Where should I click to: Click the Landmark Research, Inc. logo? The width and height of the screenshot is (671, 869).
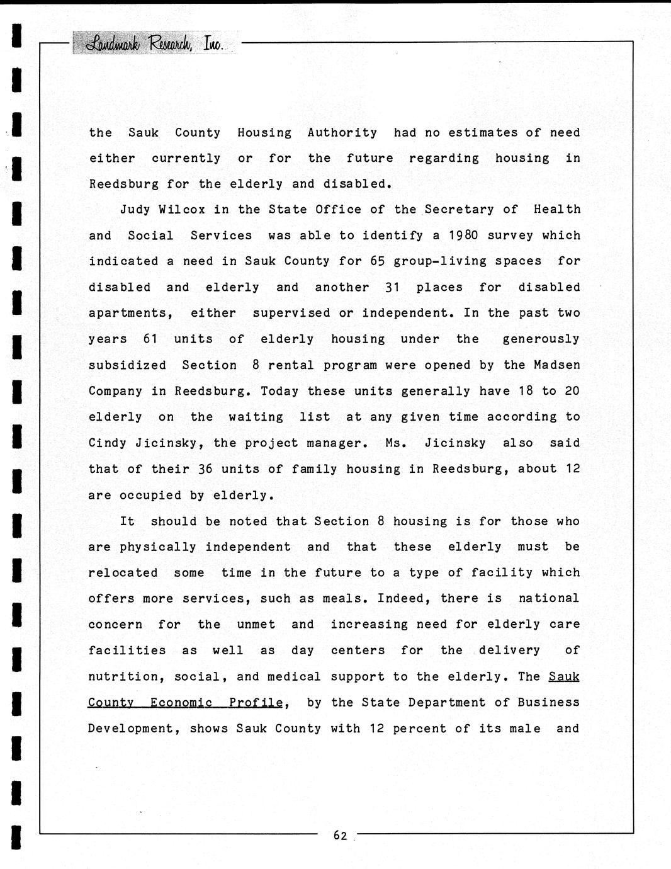tap(155, 43)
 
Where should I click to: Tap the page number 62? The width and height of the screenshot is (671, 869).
tap(341, 836)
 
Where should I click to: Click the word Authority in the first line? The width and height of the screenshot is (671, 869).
tap(342, 133)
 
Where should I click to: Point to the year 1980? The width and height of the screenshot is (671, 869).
tap(464, 236)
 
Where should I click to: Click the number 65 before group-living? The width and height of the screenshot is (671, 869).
tap(377, 261)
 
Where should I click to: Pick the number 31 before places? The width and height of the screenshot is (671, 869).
tap(393, 288)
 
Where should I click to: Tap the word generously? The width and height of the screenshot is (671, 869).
tap(541, 339)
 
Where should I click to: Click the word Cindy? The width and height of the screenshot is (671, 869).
tap(108, 443)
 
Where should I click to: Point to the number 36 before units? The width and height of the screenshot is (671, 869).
tap(205, 469)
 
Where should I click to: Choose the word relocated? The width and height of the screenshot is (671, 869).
tap(123, 573)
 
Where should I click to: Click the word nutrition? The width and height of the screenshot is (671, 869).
tap(123, 677)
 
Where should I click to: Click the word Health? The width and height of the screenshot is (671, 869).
tap(557, 210)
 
